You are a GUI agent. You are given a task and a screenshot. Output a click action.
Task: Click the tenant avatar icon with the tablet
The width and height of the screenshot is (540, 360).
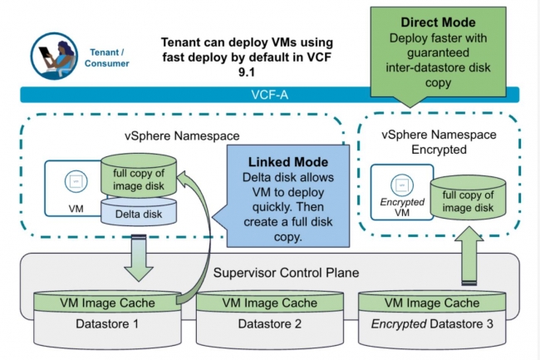pos(54,57)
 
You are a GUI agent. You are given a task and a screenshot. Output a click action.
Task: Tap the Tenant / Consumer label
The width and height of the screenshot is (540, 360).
pos(107,58)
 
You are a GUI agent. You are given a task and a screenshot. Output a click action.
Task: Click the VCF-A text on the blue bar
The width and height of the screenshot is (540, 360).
pos(270,95)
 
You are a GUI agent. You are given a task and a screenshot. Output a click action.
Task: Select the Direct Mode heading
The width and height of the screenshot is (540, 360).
pos(438,22)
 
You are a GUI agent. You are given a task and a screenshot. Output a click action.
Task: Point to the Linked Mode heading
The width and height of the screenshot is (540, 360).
pos(288,162)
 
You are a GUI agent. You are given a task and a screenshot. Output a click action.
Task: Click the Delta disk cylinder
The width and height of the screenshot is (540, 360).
pos(139,211)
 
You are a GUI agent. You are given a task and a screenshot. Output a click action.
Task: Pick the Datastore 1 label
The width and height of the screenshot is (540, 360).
pos(107,323)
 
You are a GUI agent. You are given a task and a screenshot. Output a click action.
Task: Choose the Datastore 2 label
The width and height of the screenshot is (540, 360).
pos(270,323)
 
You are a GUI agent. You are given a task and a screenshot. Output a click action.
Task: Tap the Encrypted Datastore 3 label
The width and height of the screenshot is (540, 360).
pos(432,323)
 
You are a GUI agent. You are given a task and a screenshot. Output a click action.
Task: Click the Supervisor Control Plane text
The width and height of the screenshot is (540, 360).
pos(286,273)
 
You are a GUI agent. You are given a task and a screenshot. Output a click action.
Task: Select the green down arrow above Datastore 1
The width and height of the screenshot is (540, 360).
pos(139,258)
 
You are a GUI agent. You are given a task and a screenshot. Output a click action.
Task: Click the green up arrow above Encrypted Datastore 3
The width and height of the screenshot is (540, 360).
pos(469,255)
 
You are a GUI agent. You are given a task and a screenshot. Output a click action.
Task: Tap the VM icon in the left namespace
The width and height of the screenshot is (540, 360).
pos(76,181)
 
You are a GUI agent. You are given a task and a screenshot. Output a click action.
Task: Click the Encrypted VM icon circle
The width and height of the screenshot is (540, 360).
pos(402,185)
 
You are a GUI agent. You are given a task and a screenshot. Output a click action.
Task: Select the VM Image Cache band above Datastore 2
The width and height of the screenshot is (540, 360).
pos(270,303)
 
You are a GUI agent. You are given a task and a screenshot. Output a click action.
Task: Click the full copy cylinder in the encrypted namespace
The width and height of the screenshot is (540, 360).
pos(468,198)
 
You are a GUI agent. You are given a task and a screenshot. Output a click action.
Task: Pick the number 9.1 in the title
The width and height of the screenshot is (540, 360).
pos(247,72)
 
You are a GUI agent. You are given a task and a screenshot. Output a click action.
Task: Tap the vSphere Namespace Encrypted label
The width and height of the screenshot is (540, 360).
pos(439,142)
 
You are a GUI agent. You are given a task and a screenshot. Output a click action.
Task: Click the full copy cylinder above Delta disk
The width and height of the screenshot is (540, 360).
pos(139,176)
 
